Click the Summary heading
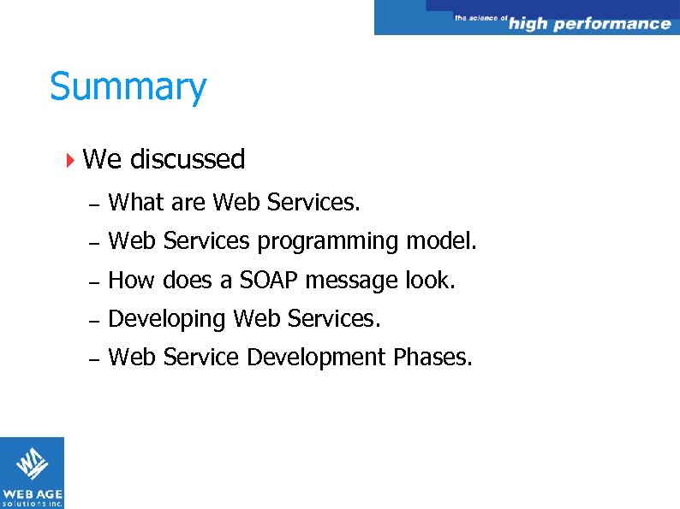[x=128, y=87]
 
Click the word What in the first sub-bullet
[x=137, y=203]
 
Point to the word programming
[x=328, y=242]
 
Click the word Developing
[x=168, y=320]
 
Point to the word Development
[x=316, y=358]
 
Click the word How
[x=132, y=281]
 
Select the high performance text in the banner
[x=589, y=24]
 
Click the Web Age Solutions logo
[x=32, y=472]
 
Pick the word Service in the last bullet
[x=204, y=358]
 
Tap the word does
[x=188, y=281]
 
